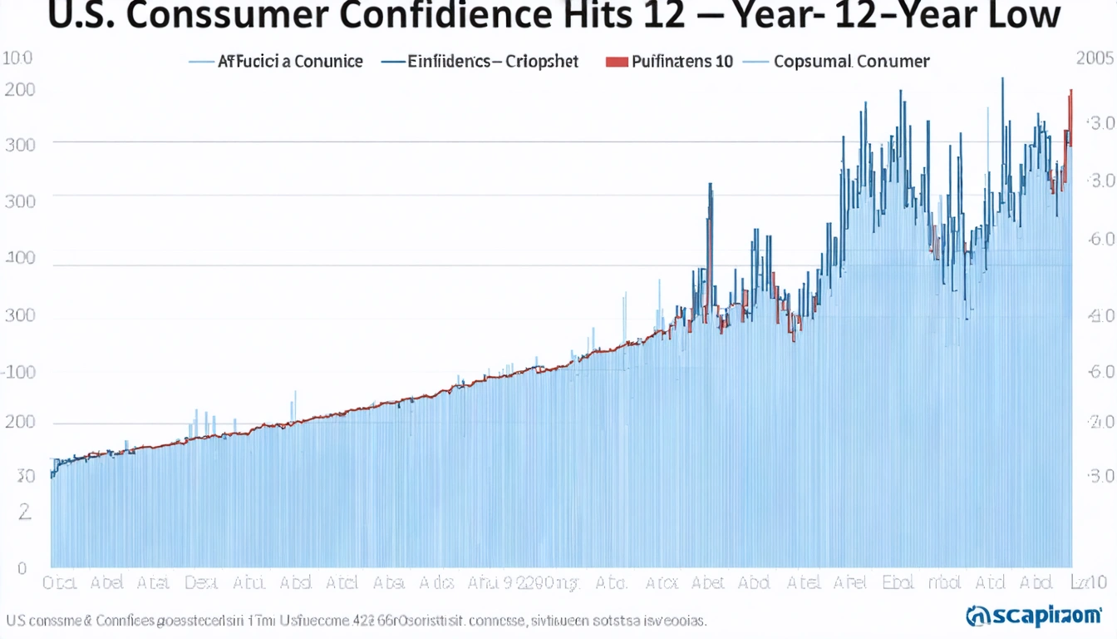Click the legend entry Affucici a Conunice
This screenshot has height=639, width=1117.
[290, 62]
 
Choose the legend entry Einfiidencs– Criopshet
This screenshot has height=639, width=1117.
[493, 62]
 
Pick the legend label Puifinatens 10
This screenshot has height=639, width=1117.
[682, 62]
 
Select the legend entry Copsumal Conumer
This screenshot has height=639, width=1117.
[851, 62]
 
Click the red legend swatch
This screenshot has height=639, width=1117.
[616, 62]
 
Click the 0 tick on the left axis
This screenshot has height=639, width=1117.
[22, 569]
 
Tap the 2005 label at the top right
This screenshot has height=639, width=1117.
[1095, 59]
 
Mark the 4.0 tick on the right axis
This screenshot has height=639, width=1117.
[1100, 316]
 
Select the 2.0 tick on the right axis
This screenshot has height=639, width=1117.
[1100, 422]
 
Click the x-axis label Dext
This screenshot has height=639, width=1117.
[201, 582]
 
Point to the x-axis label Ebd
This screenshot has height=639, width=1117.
[898, 582]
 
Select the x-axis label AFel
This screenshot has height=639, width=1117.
[850, 582]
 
